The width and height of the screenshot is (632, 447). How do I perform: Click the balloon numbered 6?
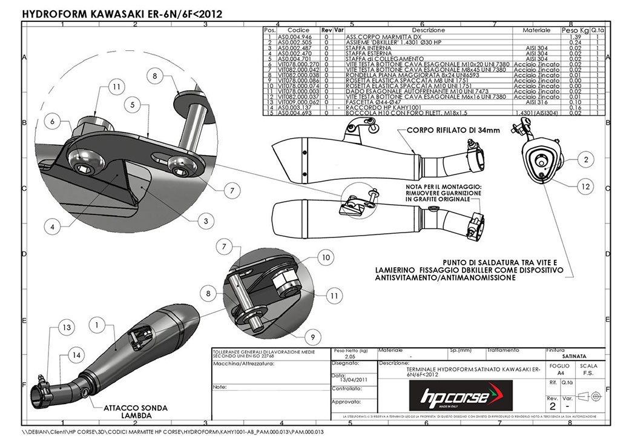(x=53, y=122)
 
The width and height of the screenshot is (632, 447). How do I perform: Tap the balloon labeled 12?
(x=585, y=187)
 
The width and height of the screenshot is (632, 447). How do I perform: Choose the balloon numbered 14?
(x=75, y=354)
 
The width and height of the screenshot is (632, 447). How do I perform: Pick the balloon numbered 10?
(x=326, y=257)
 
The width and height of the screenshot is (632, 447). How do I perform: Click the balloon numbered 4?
(x=53, y=228)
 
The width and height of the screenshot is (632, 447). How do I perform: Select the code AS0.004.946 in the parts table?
(x=294, y=38)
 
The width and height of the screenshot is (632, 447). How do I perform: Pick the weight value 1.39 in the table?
(x=575, y=38)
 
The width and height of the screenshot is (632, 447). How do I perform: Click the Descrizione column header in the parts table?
(x=428, y=30)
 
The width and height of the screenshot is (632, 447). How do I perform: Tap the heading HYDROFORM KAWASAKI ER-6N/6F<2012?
(x=119, y=13)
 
